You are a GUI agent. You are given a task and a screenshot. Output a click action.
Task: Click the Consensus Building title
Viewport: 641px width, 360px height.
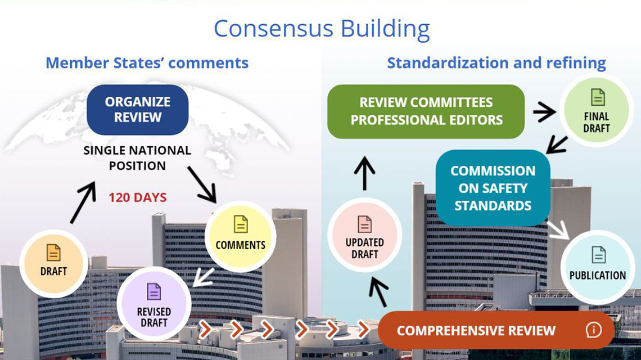pos(321,28)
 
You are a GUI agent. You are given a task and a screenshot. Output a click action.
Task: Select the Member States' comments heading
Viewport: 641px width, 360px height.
pos(147,62)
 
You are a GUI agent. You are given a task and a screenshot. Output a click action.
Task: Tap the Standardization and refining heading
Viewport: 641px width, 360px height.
pos(496,62)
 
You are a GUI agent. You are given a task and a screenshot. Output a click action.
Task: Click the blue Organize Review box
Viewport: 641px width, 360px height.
pos(137,110)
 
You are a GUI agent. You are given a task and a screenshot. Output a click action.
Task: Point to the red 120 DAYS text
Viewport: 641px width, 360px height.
pos(137,198)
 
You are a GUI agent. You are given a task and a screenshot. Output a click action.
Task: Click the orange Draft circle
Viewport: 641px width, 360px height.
pos(54,263)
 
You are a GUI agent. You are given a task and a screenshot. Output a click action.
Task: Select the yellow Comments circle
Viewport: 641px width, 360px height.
pos(240,237)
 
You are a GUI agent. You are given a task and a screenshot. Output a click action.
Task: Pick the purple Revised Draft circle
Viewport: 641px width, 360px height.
pos(154,305)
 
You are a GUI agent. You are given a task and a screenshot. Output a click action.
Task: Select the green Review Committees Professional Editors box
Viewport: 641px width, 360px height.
pos(426,111)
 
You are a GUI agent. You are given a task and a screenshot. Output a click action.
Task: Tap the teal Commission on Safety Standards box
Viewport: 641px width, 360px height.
pos(493,187)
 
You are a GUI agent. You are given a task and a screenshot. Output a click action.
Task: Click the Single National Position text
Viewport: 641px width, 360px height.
pos(137,159)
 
